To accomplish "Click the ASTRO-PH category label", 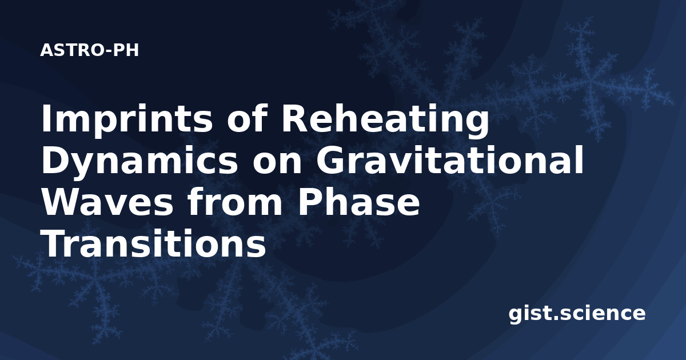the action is [x=89, y=50].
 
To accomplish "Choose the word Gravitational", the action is [x=449, y=160].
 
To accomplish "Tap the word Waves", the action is [x=107, y=203].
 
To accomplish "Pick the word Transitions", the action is [x=153, y=243].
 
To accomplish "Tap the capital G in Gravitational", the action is [x=330, y=161].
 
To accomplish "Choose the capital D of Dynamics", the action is [x=55, y=161].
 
